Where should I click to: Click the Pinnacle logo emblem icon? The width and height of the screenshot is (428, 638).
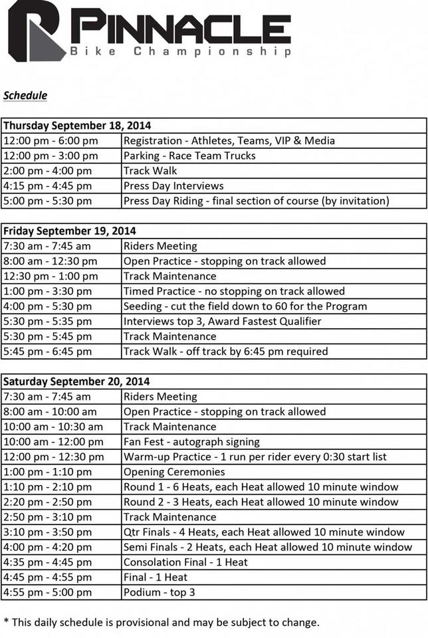click(37, 31)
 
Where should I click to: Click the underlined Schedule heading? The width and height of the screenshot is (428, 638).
click(25, 95)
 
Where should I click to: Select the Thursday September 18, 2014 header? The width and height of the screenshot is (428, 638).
click(77, 125)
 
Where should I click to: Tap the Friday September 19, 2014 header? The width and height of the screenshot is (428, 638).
click(70, 231)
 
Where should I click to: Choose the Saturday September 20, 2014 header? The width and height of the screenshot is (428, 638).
click(76, 381)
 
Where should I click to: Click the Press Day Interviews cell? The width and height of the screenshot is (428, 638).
click(173, 185)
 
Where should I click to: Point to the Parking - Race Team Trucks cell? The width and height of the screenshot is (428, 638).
click(189, 156)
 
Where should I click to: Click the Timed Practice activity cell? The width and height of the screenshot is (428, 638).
click(234, 291)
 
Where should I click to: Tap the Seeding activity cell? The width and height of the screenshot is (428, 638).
click(245, 306)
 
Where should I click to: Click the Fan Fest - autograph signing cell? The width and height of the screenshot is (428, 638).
click(191, 442)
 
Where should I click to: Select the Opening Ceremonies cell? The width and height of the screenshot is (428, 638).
click(174, 472)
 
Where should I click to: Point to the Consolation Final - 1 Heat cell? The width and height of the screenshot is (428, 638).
click(185, 562)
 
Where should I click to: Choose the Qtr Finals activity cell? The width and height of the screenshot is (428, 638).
click(264, 532)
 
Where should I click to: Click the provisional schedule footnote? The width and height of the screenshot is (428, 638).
click(161, 623)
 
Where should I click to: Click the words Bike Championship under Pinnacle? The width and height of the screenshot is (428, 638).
click(181, 51)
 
